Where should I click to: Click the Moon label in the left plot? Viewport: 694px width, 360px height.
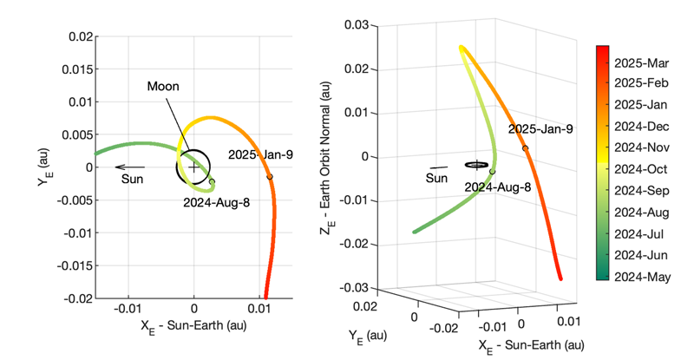[162, 87]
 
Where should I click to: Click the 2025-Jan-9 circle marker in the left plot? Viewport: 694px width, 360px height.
[270, 177]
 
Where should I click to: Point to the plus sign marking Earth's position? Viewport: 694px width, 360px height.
[193, 167]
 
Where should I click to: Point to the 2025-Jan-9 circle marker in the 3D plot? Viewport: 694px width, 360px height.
[526, 148]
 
